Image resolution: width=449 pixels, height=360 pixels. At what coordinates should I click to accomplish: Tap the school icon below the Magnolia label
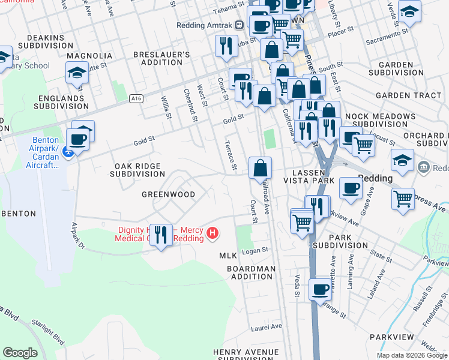pos(77,73)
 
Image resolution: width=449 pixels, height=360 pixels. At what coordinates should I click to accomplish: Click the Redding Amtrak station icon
pos(239,25)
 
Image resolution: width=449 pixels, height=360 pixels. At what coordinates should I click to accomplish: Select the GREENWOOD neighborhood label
pos(168,194)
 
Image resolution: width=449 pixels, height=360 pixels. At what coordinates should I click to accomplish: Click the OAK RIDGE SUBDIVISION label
pos(137,170)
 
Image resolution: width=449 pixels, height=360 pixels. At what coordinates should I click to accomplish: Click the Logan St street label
pos(255,251)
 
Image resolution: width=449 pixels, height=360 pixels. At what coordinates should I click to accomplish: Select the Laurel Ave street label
pos(267,327)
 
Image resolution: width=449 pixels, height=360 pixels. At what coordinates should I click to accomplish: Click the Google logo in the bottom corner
pos(20,353)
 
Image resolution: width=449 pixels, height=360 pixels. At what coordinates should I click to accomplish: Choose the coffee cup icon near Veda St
pos(321,290)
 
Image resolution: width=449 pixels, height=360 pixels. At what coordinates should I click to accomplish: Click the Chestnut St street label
pos(190,103)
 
